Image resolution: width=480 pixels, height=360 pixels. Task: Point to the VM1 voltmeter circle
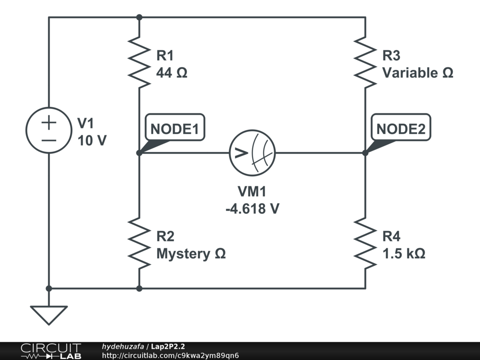(252, 153)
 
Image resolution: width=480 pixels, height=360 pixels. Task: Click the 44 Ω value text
(172, 73)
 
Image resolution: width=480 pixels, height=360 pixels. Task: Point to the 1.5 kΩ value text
(404, 254)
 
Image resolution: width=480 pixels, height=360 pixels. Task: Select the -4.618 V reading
(252, 208)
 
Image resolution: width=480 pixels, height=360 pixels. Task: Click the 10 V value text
(91, 140)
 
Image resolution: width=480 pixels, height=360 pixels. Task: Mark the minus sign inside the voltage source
(49, 140)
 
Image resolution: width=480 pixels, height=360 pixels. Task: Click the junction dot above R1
(139, 17)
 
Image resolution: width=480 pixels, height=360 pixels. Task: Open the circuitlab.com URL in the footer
(170, 355)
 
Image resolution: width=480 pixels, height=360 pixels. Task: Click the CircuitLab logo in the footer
(50, 351)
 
